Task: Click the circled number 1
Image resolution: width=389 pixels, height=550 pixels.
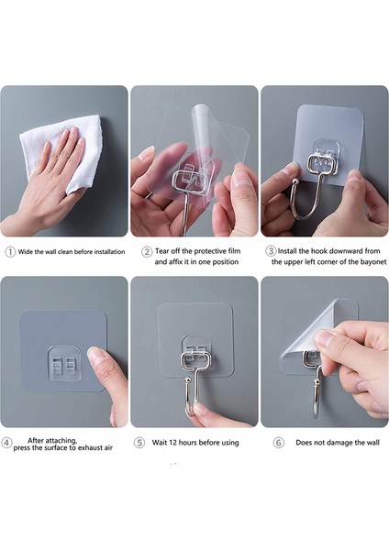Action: click(10, 252)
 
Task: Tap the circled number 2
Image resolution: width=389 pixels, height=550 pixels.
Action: click(147, 252)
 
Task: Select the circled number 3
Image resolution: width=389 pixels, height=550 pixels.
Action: click(271, 251)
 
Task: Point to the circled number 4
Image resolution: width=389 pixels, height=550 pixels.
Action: click(6, 443)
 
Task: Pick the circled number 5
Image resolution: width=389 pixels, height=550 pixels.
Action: click(139, 443)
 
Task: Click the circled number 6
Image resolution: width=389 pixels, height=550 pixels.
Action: click(278, 443)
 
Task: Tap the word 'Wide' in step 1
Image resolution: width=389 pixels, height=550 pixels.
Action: click(26, 251)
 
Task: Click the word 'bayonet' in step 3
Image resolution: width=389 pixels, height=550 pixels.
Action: click(372, 261)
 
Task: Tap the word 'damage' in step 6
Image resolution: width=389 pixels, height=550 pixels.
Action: click(336, 443)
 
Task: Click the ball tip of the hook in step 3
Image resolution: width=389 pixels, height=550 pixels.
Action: click(295, 181)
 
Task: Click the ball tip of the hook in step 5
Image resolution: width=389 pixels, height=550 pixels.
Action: click(188, 381)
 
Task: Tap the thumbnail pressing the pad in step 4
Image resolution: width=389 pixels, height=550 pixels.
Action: click(94, 353)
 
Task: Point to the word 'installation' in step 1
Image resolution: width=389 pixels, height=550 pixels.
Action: click(109, 251)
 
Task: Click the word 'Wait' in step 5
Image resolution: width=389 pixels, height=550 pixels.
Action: click(160, 443)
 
